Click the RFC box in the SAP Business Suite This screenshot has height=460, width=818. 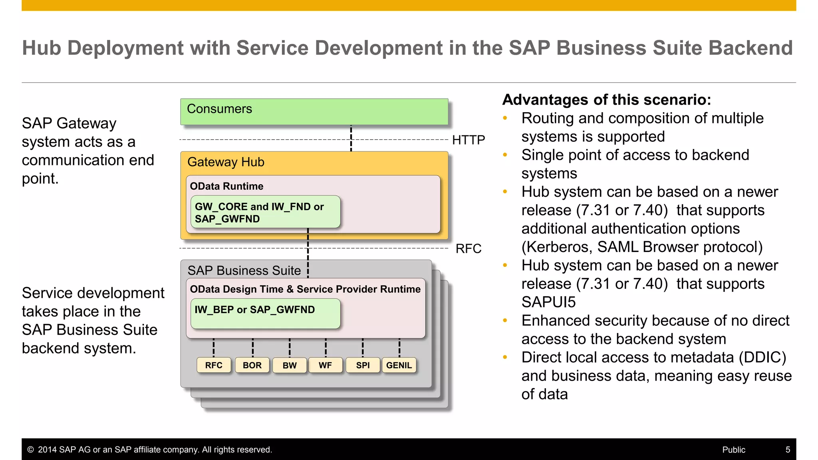tap(214, 365)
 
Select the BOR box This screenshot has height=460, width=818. tap(252, 365)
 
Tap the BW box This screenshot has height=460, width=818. tap(290, 365)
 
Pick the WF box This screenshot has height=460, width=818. tap(325, 365)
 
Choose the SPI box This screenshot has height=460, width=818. tap(363, 365)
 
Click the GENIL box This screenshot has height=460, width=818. tap(399, 365)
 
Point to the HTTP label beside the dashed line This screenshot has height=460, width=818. tap(468, 140)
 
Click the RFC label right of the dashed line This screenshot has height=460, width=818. tap(468, 249)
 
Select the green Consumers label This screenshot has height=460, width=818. tap(219, 109)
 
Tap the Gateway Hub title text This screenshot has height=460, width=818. tap(226, 162)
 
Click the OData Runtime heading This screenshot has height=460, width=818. tap(226, 186)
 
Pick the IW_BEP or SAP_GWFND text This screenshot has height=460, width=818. tap(254, 310)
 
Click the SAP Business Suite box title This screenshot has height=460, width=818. tap(244, 271)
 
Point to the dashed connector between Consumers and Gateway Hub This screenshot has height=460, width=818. tap(351, 138)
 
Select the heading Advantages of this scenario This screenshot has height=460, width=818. tap(607, 100)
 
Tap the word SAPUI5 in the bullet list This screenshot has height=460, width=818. tap(548, 302)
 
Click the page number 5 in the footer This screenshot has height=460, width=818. tap(788, 450)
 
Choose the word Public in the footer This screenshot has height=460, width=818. tap(734, 450)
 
